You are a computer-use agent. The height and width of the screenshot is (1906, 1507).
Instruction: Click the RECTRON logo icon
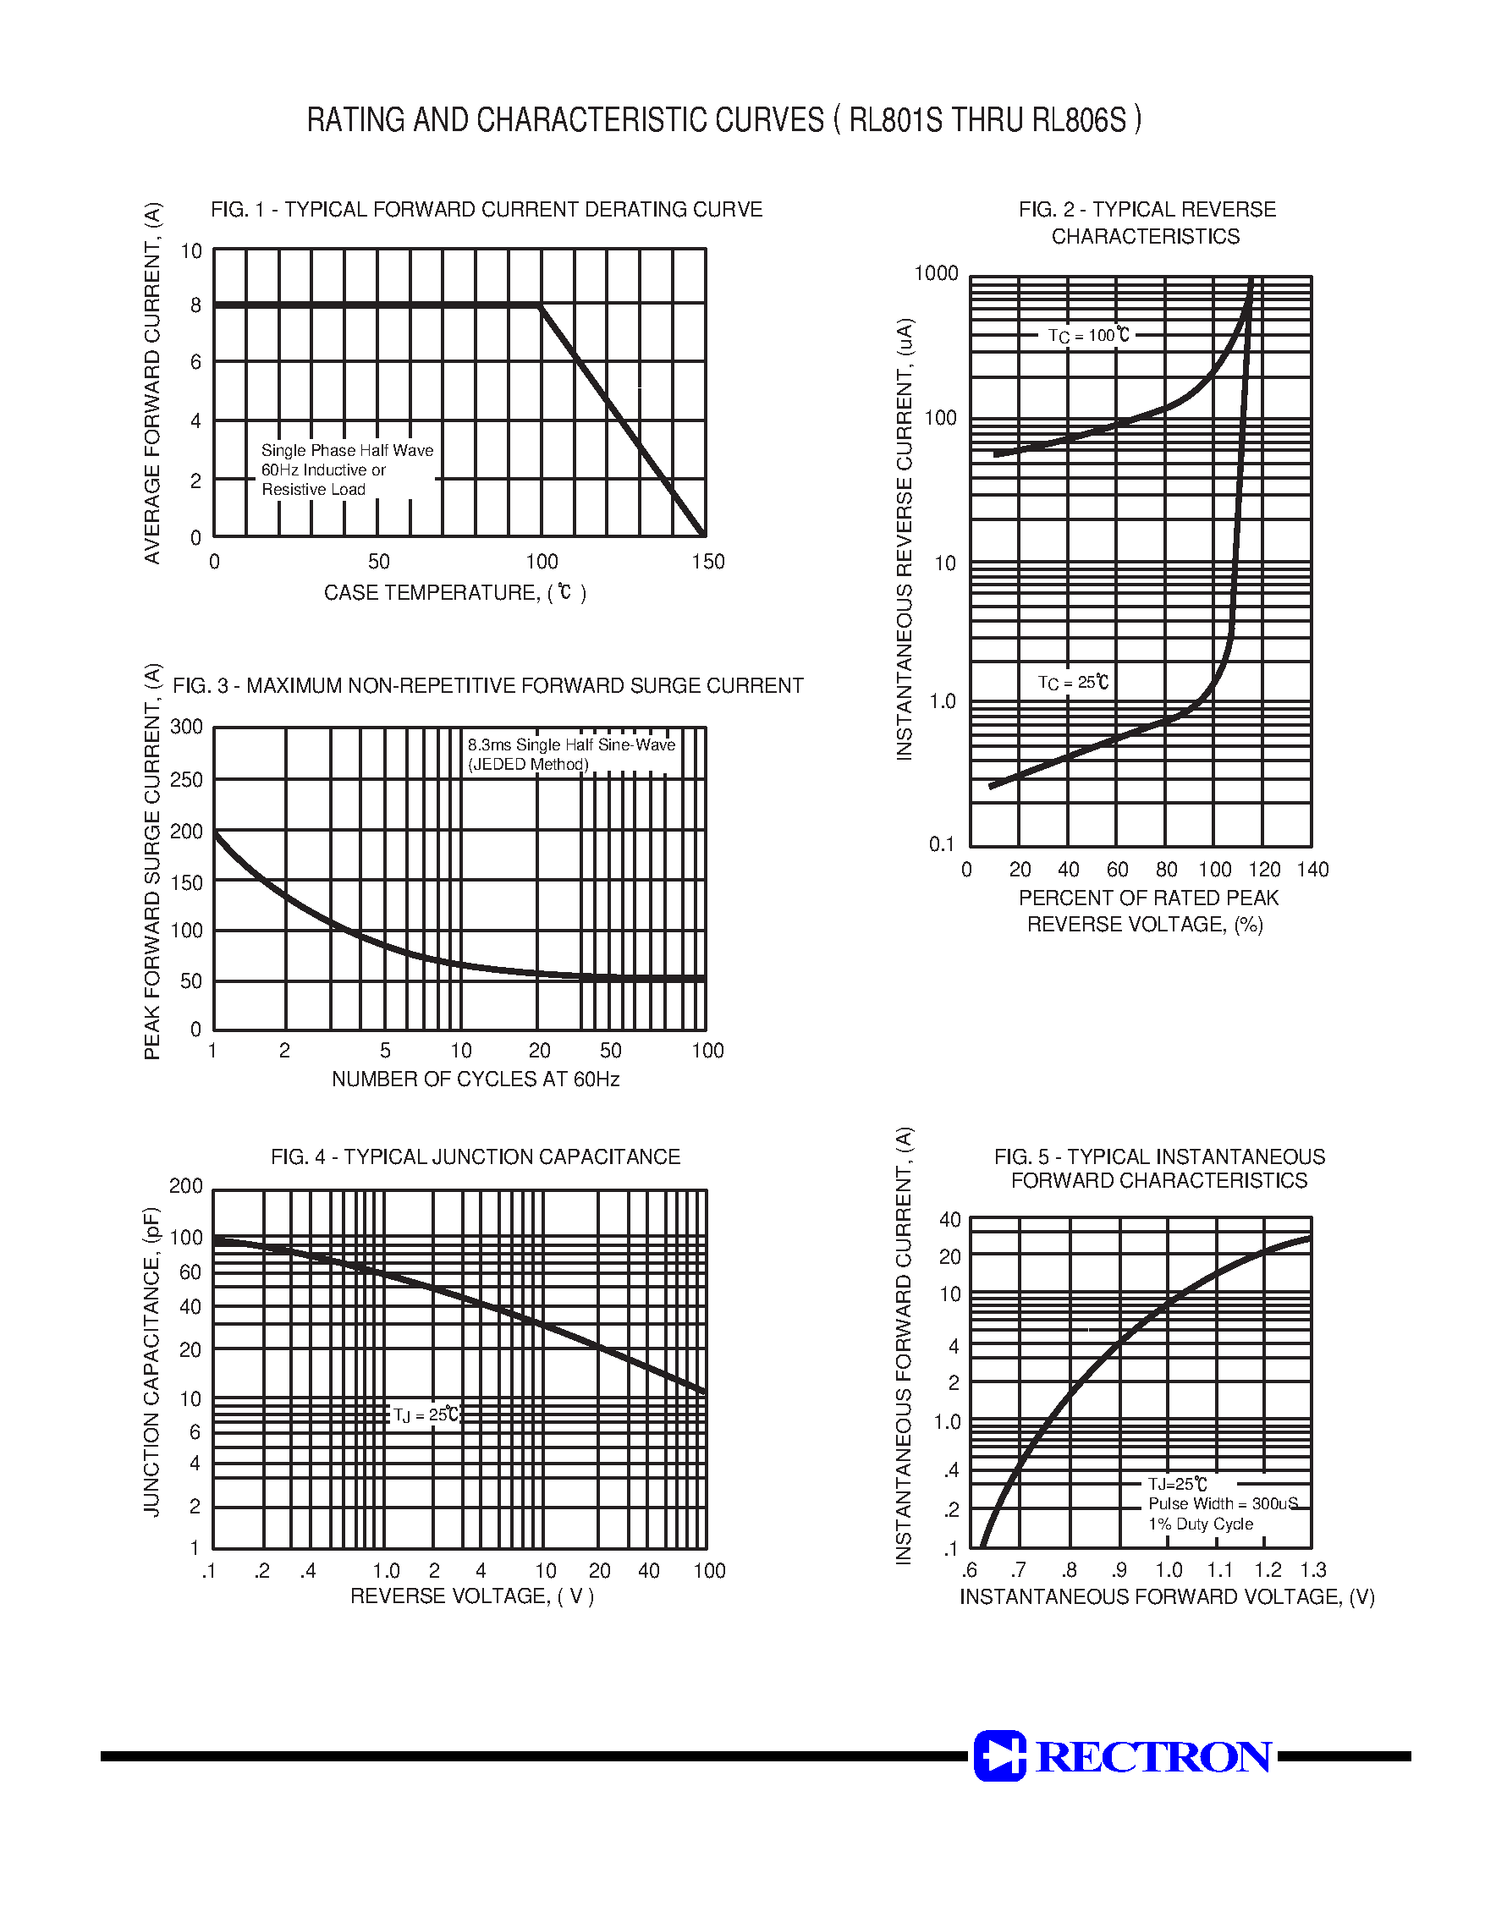coord(999,1755)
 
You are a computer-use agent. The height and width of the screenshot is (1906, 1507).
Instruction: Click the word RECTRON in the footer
coord(1154,1756)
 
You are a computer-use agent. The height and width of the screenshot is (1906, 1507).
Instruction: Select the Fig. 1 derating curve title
coord(487,210)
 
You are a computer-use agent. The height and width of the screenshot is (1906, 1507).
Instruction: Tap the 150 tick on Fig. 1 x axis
coord(707,562)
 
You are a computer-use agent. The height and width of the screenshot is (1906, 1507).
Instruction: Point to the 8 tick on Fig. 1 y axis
coord(195,306)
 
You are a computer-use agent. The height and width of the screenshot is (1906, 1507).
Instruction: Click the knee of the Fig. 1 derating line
coord(541,306)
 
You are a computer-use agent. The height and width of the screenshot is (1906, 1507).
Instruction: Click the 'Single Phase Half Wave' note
coord(347,450)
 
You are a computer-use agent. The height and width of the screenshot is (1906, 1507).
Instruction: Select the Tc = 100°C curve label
coord(1088,335)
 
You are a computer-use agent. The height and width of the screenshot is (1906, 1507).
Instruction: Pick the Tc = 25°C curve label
coord(1073,683)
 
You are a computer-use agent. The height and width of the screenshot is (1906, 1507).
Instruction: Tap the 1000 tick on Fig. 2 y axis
coord(935,273)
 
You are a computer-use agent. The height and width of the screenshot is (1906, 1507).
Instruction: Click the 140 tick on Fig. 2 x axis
coord(1312,870)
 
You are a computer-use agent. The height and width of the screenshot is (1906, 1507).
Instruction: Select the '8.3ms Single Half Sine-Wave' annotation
coord(571,745)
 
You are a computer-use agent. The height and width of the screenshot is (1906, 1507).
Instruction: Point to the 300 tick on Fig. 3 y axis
coord(186,727)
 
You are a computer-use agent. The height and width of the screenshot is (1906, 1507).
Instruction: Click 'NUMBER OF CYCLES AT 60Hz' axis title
coord(476,1079)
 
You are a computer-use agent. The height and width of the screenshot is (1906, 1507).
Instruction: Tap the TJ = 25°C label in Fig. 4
coord(426,1414)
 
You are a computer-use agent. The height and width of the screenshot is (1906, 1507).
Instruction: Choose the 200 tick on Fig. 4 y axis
coord(185,1186)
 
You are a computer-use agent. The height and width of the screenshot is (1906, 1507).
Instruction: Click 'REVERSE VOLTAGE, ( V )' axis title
coord(472,1596)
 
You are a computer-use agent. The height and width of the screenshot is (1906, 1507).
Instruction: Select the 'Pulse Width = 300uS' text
coord(1222,1504)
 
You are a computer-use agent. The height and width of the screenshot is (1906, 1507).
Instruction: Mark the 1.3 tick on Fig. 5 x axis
coord(1313,1570)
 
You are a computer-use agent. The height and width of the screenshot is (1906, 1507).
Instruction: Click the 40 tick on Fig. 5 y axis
coord(949,1220)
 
